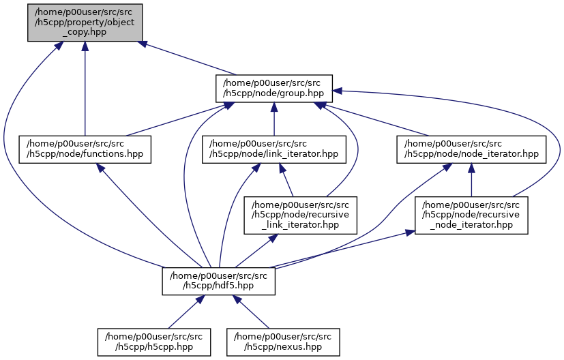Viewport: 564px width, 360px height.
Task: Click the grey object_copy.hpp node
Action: point(85,22)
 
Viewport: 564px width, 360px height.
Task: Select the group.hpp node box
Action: point(273,89)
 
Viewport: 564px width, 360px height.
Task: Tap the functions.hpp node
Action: point(85,149)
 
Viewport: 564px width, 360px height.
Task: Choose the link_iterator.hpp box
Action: point(273,149)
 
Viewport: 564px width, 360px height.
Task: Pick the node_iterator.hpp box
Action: point(471,149)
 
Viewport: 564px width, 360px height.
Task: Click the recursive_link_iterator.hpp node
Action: point(301,214)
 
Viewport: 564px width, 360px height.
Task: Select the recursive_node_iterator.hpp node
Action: point(471,214)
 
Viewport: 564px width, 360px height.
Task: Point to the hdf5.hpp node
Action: point(218,280)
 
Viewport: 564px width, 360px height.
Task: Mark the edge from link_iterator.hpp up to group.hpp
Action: point(273,123)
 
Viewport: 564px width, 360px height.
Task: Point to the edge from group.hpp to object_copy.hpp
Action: point(188,59)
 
